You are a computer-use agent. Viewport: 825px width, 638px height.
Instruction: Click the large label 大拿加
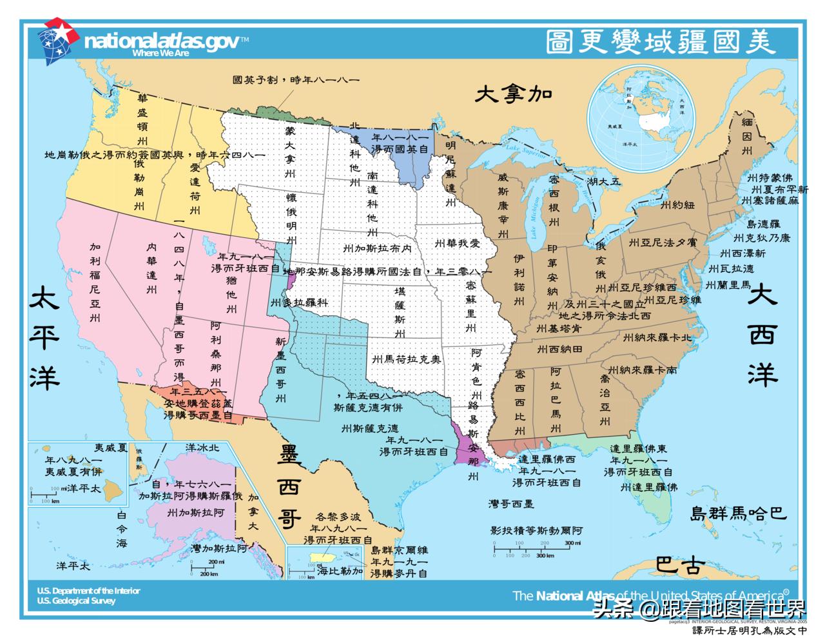click(514, 94)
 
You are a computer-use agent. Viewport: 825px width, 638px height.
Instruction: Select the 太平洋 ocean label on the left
click(44, 338)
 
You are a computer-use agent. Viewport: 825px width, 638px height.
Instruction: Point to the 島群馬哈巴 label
click(738, 514)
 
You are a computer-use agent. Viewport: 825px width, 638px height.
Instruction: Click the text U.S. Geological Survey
click(76, 601)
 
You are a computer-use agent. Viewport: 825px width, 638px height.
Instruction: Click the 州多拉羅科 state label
click(299, 303)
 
